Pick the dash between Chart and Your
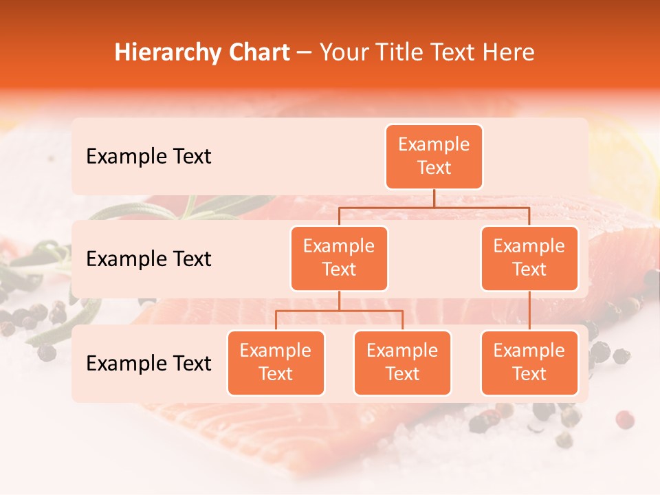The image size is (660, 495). [x=305, y=53]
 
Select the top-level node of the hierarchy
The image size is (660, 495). [x=434, y=156]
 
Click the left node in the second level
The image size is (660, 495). [x=339, y=258]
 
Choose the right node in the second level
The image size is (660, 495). [x=529, y=258]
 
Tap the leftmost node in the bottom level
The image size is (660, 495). [x=276, y=362]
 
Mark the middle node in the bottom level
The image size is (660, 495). [x=402, y=362]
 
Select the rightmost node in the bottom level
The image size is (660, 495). [x=529, y=362]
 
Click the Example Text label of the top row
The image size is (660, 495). [x=148, y=157]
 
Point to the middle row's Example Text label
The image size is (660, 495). [x=148, y=259]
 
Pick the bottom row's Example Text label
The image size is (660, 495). [x=148, y=364]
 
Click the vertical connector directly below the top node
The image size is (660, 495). [x=434, y=198]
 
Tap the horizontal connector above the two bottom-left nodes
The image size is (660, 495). [x=339, y=311]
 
